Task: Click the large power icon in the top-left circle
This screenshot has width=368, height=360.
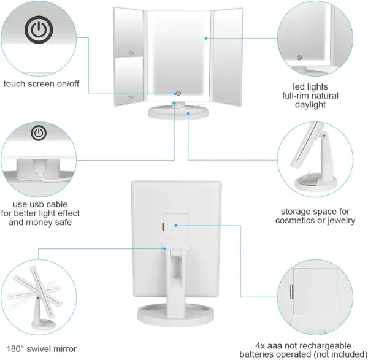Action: coord(39,29)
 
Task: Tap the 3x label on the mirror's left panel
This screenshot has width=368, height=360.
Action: coord(131,53)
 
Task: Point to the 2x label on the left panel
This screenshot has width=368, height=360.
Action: coord(131,98)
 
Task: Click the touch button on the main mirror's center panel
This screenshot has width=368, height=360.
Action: coord(178,93)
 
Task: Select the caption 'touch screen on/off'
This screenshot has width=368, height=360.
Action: coord(41,84)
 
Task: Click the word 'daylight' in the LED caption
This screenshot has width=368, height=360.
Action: coord(310,105)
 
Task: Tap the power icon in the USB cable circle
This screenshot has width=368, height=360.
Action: coord(39,133)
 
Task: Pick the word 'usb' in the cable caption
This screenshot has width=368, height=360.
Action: coord(39,204)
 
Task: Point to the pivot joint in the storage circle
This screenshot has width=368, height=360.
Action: coord(324,136)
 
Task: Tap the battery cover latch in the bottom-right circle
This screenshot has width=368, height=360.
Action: coord(292,292)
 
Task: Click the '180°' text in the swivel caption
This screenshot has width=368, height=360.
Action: coord(15,349)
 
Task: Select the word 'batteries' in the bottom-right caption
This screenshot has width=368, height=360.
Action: coord(256,354)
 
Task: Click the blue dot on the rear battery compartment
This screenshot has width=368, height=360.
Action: coord(176,226)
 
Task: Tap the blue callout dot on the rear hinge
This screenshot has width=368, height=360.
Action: coord(165,248)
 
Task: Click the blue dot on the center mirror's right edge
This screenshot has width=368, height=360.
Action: coord(206,38)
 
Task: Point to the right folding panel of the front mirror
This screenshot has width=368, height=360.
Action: coord(227,58)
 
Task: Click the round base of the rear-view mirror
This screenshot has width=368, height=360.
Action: coord(176,314)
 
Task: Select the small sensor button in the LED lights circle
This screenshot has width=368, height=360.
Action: coord(299,58)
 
